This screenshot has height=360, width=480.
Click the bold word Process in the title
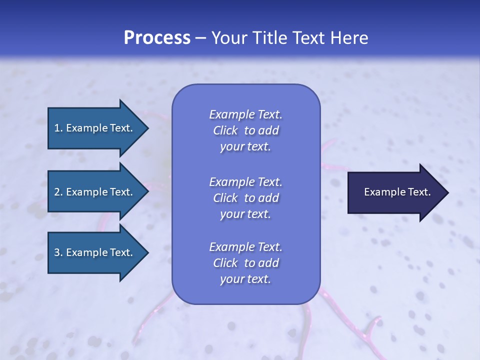pyautogui.click(x=157, y=38)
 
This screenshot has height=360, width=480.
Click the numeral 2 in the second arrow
pyautogui.click(x=57, y=192)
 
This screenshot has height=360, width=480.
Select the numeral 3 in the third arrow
pyautogui.click(x=57, y=252)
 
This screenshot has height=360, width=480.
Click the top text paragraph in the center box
pyautogui.click(x=245, y=130)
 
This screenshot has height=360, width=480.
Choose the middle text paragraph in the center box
pyautogui.click(x=245, y=198)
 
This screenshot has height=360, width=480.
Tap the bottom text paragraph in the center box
pyautogui.click(x=245, y=263)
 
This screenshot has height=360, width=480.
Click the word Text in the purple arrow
pyautogui.click(x=419, y=192)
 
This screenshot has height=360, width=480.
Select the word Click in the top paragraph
pyautogui.click(x=225, y=130)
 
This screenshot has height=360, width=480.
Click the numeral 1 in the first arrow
pyautogui.click(x=57, y=128)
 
